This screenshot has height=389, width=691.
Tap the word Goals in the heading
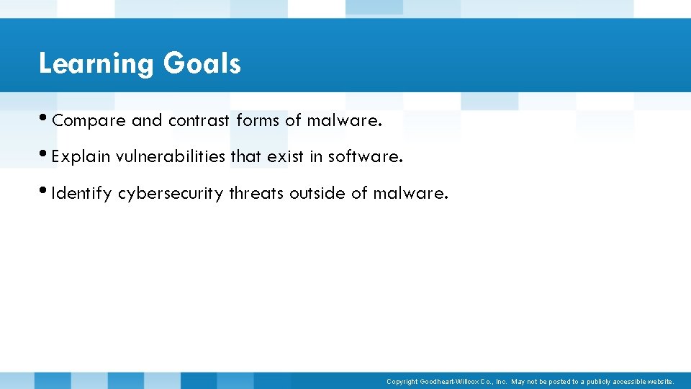(202, 63)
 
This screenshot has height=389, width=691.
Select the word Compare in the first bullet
(89, 121)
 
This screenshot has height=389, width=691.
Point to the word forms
(258, 121)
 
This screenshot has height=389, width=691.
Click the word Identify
(81, 194)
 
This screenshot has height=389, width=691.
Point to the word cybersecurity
(171, 194)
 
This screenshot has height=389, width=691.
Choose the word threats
(256, 193)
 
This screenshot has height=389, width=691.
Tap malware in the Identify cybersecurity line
(409, 193)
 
